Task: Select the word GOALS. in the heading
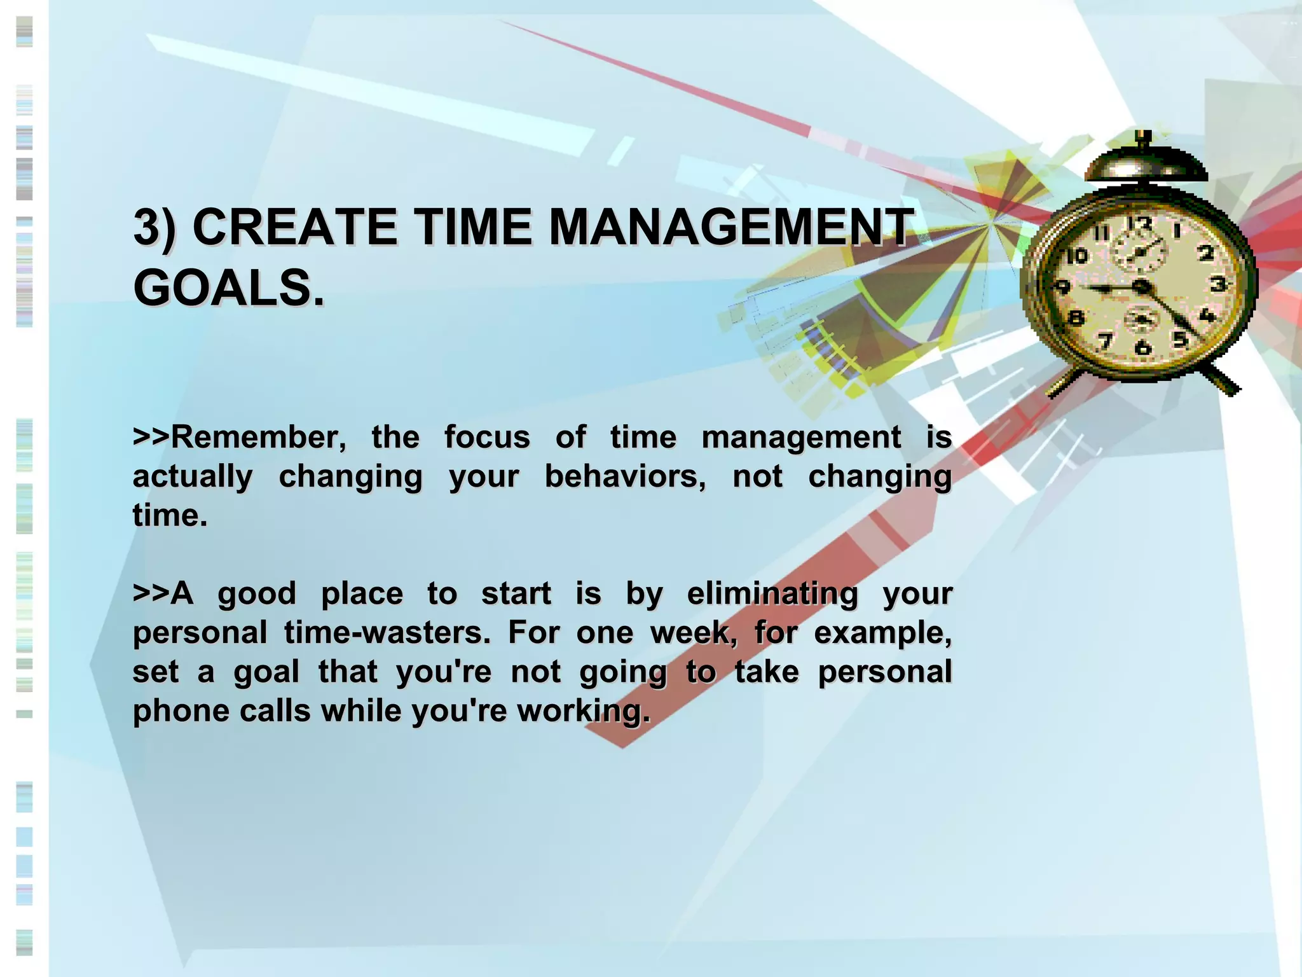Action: point(229,288)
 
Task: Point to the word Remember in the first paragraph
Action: point(257,438)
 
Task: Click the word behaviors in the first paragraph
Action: point(624,476)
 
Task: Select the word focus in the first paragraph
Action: point(486,438)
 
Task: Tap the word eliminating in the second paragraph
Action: point(772,593)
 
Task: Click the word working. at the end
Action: point(583,711)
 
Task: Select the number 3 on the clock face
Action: point(1217,284)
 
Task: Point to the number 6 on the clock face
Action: point(1142,347)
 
